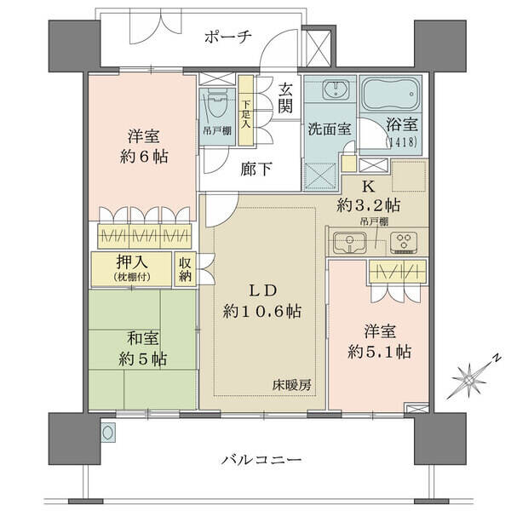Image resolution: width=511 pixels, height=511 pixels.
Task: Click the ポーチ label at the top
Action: click(227, 36)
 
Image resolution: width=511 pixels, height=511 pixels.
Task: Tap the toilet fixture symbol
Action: click(217, 104)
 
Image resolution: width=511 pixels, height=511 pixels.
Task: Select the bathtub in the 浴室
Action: click(390, 94)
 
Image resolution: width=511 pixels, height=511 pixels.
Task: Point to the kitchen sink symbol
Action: click(349, 243)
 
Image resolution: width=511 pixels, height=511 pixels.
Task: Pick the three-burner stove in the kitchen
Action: click(404, 242)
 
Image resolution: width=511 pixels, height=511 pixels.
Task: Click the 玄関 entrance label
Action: click(285, 98)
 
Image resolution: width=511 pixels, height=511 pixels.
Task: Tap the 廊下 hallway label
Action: click(256, 169)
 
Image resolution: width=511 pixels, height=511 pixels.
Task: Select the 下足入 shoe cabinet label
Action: click(246, 114)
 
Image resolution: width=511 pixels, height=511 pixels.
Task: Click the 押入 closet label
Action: click(132, 261)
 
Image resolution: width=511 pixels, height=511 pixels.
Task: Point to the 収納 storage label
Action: click(185, 269)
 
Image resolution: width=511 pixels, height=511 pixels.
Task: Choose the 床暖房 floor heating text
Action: click(292, 386)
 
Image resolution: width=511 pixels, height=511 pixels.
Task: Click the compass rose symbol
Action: click(470, 379)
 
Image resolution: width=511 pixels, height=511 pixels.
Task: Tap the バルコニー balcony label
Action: click(261, 460)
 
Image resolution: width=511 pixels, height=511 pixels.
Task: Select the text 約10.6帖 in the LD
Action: click(262, 312)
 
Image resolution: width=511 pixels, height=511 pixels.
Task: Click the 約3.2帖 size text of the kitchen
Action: click(369, 205)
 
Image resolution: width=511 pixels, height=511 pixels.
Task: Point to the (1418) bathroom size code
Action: click(401, 142)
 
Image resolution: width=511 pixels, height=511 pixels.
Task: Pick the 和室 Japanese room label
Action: click(143, 338)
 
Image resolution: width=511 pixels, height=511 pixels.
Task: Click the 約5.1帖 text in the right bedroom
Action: click(379, 352)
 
